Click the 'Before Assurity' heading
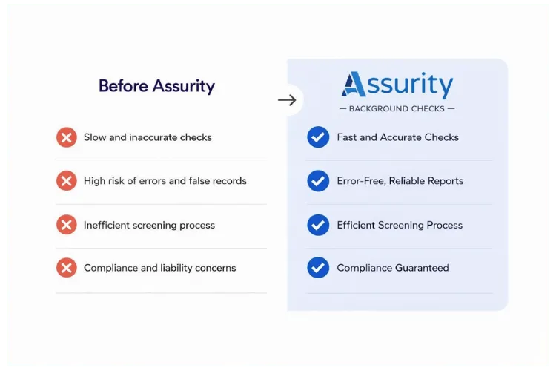[156, 86]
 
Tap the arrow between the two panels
[287, 100]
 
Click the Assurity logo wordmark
[397, 85]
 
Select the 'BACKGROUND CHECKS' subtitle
[397, 108]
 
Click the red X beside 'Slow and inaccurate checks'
[67, 137]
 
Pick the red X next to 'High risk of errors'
[67, 180]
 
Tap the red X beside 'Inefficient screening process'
[67, 225]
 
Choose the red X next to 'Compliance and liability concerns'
[67, 268]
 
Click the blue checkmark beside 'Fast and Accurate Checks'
[318, 137]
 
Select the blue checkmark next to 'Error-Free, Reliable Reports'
[318, 180]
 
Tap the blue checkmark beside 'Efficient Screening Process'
[318, 225]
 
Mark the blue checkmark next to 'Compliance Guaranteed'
[318, 268]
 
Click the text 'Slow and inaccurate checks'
[148, 137]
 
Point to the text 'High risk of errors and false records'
[165, 180]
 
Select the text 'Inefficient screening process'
[149, 225]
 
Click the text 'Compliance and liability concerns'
[159, 268]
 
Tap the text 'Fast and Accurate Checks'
[397, 137]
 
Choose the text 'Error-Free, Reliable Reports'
[400, 180]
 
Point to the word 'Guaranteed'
[421, 268]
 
